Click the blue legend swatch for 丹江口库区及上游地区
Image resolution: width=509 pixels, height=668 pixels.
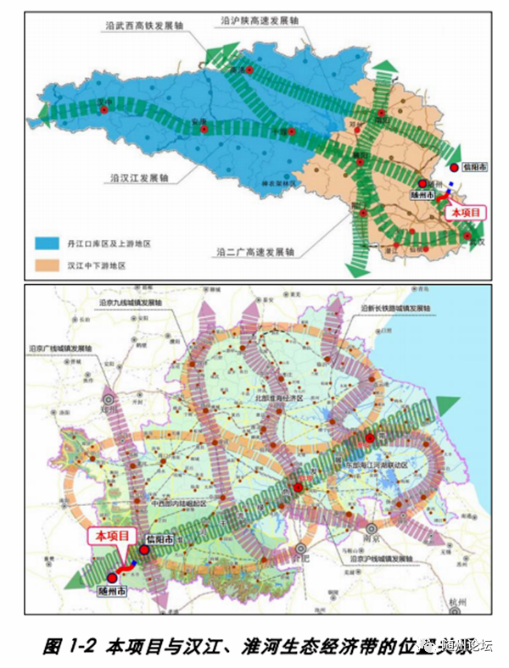pyautogui.click(x=46, y=243)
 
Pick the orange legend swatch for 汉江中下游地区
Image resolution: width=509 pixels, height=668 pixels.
pyautogui.click(x=46, y=265)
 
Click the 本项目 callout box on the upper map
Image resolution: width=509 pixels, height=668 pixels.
pyautogui.click(x=466, y=213)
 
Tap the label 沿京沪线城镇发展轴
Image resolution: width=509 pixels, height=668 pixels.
pyautogui.click(x=372, y=560)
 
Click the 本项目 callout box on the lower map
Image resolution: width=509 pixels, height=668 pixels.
pyautogui.click(x=113, y=536)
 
